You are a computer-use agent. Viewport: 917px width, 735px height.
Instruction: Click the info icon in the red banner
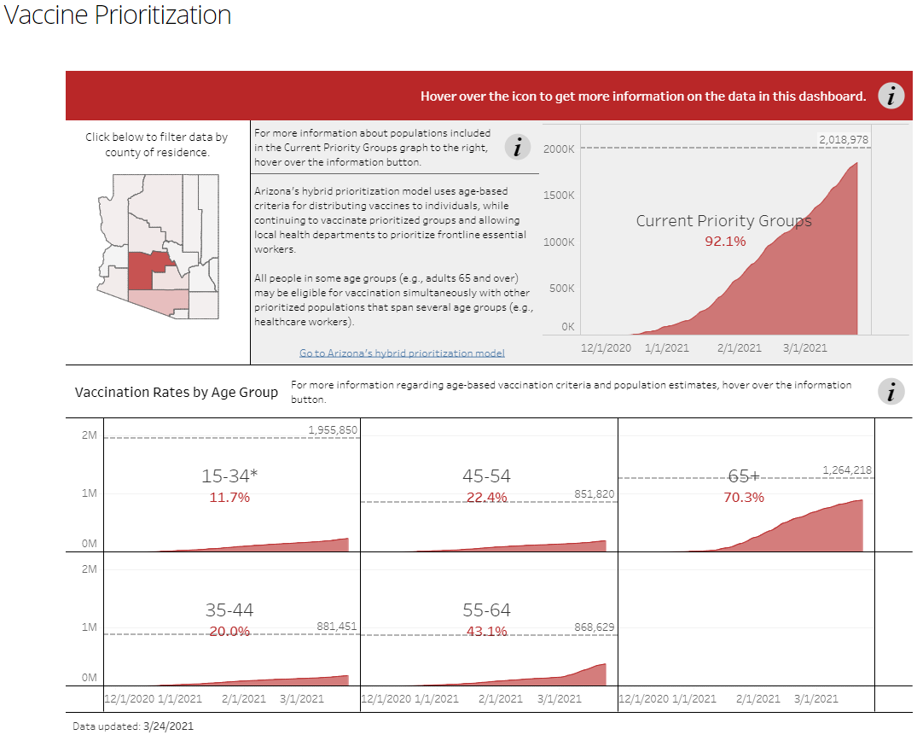(x=891, y=96)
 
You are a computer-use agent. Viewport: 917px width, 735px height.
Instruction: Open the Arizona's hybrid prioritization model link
(x=402, y=353)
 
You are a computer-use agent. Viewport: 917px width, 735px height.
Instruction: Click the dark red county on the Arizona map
(x=147, y=271)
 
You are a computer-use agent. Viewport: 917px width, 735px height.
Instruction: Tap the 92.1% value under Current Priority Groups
(x=725, y=242)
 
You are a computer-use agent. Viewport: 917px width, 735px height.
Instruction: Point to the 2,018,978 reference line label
(x=843, y=139)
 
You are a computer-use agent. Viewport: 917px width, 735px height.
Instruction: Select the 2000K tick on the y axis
(x=559, y=149)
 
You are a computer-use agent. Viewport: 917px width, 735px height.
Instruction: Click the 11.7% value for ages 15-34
(x=229, y=497)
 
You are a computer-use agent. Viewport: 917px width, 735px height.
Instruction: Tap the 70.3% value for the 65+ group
(x=744, y=497)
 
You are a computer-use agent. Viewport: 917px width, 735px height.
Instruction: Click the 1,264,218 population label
(x=847, y=470)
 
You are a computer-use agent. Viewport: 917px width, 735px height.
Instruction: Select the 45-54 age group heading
(x=486, y=476)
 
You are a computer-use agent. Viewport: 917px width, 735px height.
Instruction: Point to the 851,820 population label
(x=589, y=493)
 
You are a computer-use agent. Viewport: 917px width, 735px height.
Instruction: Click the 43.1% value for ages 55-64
(x=486, y=632)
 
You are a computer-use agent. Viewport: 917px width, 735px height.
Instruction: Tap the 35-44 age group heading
(x=229, y=610)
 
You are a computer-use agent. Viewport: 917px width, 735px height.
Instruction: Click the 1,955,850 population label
(x=333, y=429)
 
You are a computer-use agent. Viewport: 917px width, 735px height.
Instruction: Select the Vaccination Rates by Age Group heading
(x=177, y=392)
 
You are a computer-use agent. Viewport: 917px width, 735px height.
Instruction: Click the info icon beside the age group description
(x=891, y=392)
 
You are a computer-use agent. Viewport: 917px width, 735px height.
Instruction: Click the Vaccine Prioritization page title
(x=118, y=15)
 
